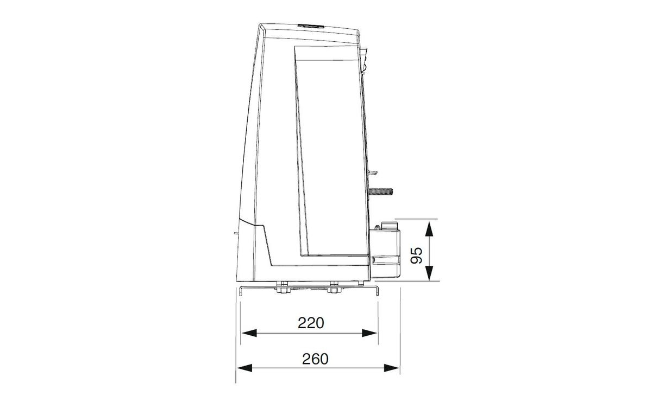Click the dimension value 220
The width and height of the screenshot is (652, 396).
click(311, 323)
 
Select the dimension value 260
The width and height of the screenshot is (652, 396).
click(315, 359)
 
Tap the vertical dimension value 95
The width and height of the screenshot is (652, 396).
click(416, 255)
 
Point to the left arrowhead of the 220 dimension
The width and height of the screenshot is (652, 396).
click(249, 333)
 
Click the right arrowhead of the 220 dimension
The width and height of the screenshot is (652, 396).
click(369, 333)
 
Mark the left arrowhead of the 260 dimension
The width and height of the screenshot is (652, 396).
click(245, 368)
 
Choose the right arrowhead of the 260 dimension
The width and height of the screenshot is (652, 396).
click(392, 368)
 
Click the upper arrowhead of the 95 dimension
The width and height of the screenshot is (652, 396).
click(429, 228)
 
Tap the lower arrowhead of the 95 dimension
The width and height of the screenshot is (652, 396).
click(429, 273)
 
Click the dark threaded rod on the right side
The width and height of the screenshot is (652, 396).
click(381, 191)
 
